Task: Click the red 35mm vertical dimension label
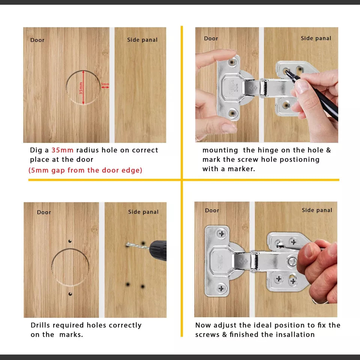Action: [81, 88]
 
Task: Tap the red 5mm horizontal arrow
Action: [105, 87]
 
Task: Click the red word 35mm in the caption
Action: [63, 150]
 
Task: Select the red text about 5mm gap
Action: [85, 170]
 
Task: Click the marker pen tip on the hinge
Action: [286, 72]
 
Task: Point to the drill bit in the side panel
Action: [138, 246]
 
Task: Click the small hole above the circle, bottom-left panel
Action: [70, 241]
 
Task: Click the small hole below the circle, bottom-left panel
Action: [70, 294]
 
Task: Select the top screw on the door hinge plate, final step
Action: [222, 234]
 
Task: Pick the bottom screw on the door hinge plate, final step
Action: [221, 288]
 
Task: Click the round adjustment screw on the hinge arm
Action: [292, 261]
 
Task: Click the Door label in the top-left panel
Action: [37, 40]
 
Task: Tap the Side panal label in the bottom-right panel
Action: [317, 210]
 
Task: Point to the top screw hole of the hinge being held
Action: [232, 62]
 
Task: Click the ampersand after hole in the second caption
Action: [328, 150]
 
